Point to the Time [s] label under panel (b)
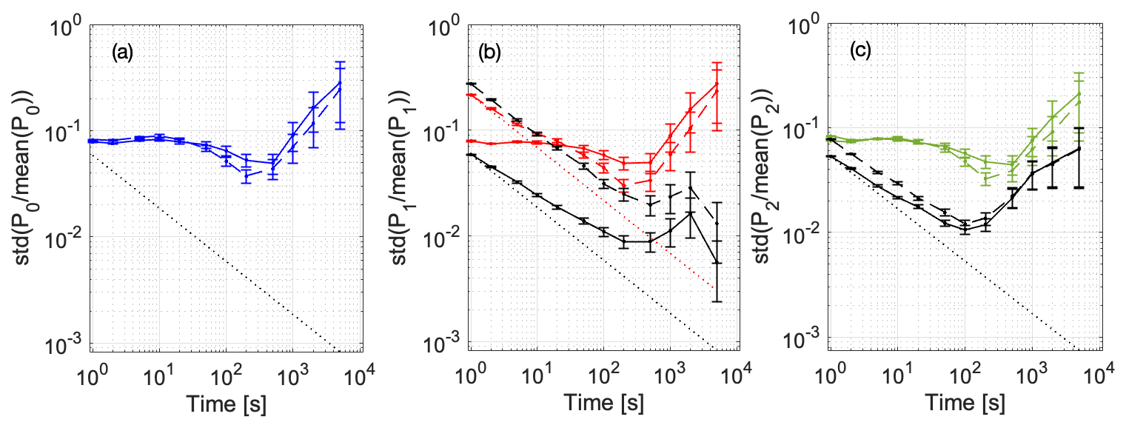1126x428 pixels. [x=603, y=405]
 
